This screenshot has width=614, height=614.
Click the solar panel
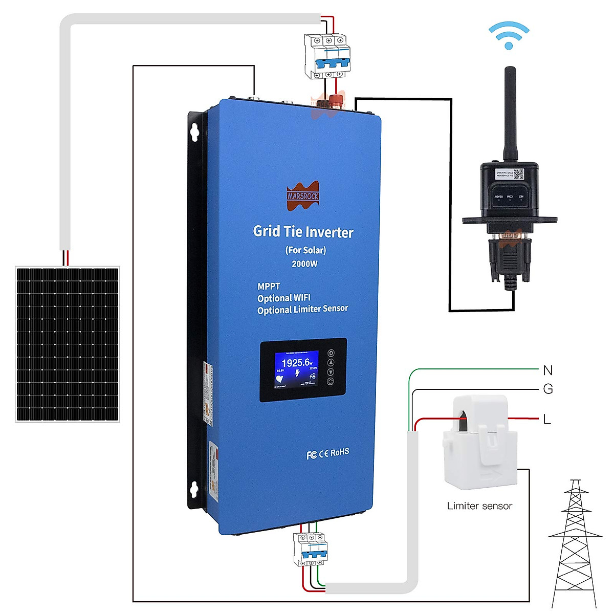click(68, 344)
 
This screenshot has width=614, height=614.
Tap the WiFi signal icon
click(508, 36)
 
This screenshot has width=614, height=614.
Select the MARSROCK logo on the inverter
click(302, 195)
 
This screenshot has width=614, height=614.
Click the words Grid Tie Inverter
click(303, 232)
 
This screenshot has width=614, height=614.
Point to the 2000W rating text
click(304, 264)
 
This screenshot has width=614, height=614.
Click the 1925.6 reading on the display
click(296, 363)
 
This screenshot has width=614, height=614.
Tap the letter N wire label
click(547, 370)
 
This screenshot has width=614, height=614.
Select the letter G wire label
click(547, 389)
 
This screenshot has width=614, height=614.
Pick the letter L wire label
click(547, 420)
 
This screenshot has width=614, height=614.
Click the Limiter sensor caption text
click(479, 506)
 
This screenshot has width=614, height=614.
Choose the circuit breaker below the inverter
click(310, 549)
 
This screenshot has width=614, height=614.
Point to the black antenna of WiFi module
click(510, 113)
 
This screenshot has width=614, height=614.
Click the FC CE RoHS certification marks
click(327, 453)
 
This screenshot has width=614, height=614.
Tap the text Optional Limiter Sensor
click(302, 310)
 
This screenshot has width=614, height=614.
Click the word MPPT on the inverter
click(269, 287)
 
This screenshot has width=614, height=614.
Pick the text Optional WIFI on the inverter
click(283, 298)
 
